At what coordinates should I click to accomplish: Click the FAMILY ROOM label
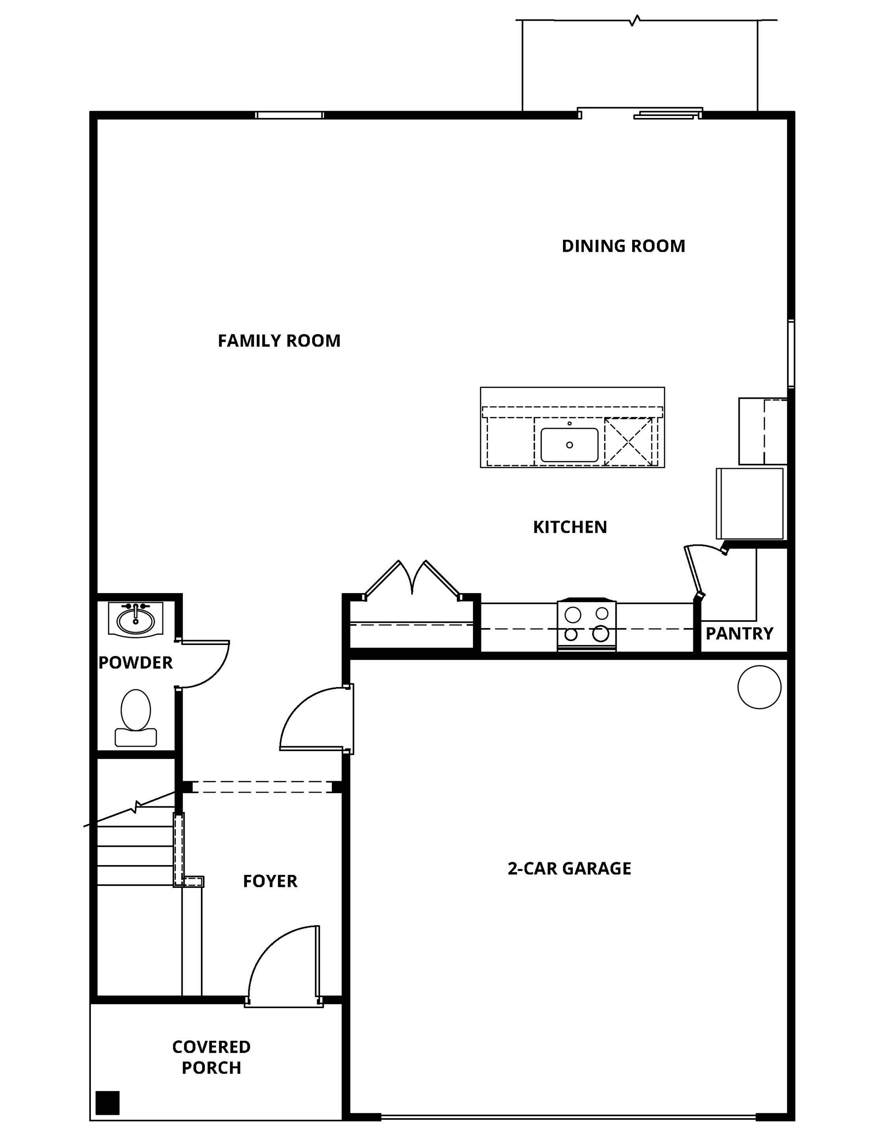(279, 341)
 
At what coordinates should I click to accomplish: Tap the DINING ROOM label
(623, 246)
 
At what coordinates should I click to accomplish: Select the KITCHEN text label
(569, 527)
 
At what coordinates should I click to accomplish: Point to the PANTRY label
(739, 634)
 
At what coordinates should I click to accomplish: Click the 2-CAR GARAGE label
(569, 869)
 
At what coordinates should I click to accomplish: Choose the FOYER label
(270, 881)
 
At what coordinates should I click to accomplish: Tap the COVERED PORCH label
(211, 1057)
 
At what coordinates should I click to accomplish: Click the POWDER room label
(135, 663)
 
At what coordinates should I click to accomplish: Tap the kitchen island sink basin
(569, 445)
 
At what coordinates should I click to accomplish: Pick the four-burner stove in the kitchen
(586, 624)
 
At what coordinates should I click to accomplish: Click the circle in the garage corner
(759, 687)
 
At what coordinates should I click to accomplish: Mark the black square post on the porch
(108, 1102)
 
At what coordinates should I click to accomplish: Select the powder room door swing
(203, 664)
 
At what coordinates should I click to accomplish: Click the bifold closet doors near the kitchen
(412, 579)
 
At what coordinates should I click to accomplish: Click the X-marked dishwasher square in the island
(628, 442)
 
